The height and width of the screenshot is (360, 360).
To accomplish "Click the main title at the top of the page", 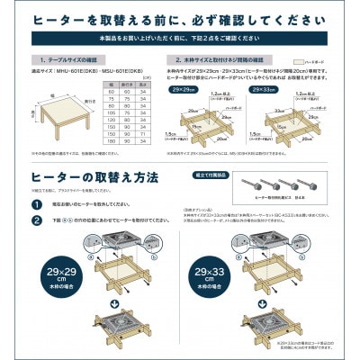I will click(180, 19).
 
